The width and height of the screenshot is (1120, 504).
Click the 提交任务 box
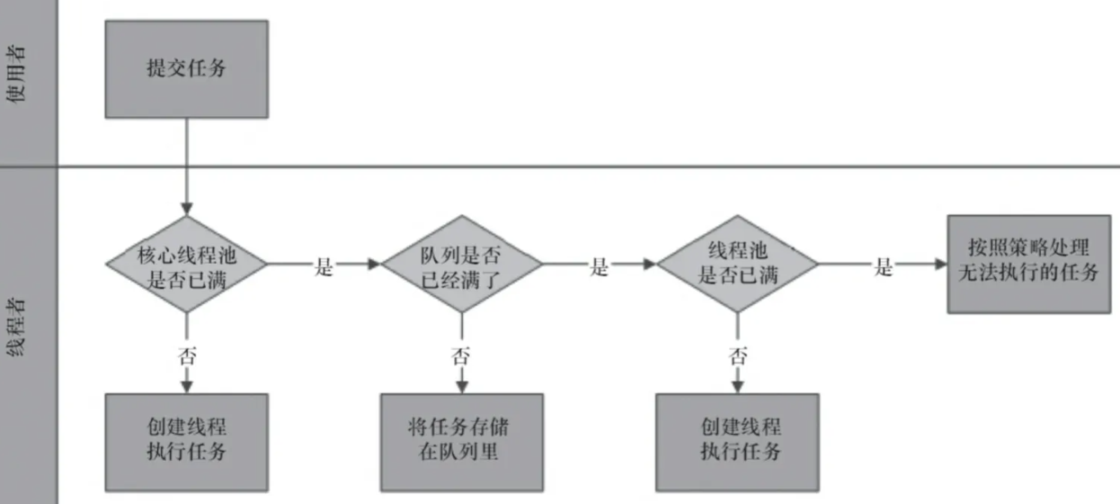(187, 69)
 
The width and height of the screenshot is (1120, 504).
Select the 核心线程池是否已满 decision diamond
(187, 265)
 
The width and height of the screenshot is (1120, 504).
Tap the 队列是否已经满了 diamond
(462, 265)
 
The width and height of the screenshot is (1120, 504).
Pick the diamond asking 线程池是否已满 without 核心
(737, 265)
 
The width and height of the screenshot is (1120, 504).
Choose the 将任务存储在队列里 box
(462, 439)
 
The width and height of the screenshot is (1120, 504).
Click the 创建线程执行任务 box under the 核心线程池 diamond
(187, 439)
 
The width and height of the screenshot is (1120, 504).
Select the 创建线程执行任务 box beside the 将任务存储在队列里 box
(737, 439)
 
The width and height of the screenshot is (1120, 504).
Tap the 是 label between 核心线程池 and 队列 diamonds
(324, 267)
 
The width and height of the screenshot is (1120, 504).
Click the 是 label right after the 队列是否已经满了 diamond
(599, 267)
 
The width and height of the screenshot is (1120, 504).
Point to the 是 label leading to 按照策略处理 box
(883, 267)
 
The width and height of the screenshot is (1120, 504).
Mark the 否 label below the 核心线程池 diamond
(187, 354)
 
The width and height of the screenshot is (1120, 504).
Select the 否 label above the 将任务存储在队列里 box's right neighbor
(737, 354)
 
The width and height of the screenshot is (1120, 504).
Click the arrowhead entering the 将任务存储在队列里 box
(462, 387)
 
